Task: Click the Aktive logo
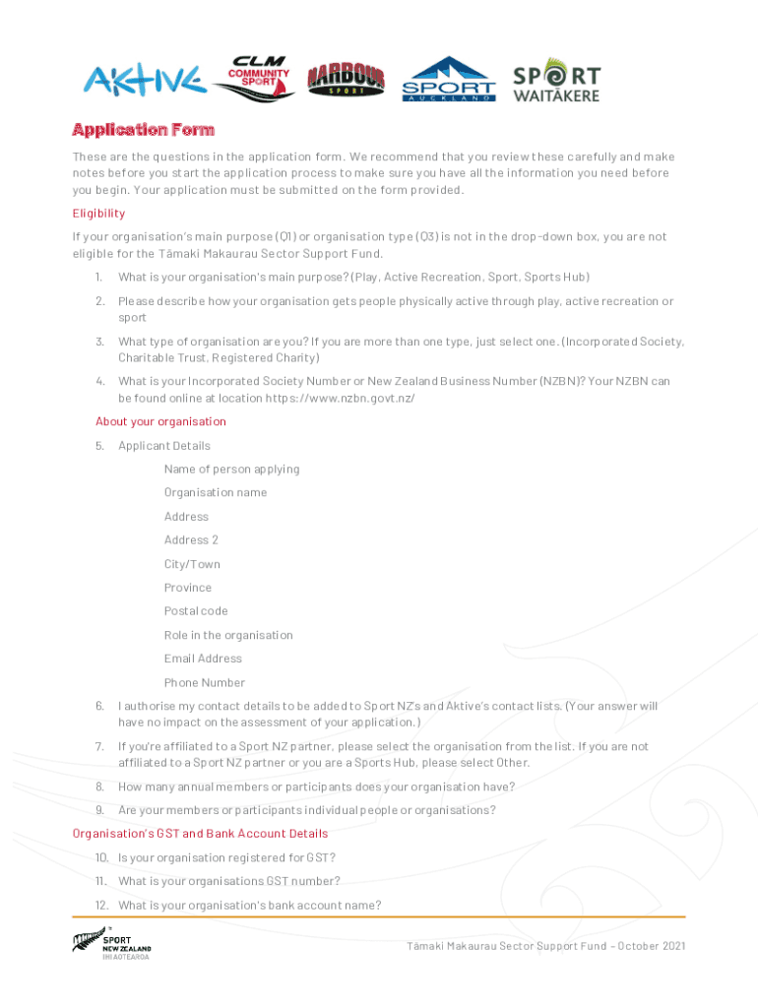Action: (x=144, y=80)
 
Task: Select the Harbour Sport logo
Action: (x=346, y=79)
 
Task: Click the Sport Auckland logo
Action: (x=449, y=80)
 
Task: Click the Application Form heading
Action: (x=143, y=130)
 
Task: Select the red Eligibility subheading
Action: (x=98, y=213)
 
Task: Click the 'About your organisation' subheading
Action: (x=160, y=421)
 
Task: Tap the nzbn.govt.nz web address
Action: (x=340, y=398)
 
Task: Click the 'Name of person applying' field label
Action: (x=231, y=469)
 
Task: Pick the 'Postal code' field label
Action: (x=196, y=611)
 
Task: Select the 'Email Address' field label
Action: (x=203, y=659)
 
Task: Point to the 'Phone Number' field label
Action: (x=205, y=682)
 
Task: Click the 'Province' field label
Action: (x=188, y=588)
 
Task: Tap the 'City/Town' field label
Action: (x=192, y=564)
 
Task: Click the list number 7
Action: (x=99, y=747)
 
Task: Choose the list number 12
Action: (x=101, y=906)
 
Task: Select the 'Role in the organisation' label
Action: (x=228, y=635)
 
